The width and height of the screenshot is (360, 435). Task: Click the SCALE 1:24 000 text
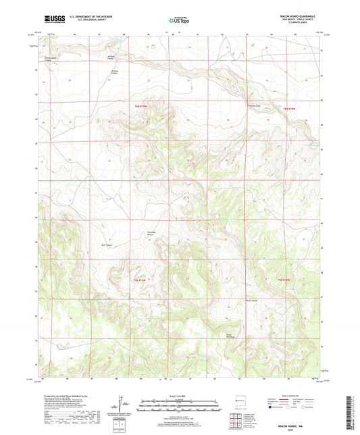pos(179,396)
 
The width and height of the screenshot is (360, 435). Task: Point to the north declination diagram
pos(122,405)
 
